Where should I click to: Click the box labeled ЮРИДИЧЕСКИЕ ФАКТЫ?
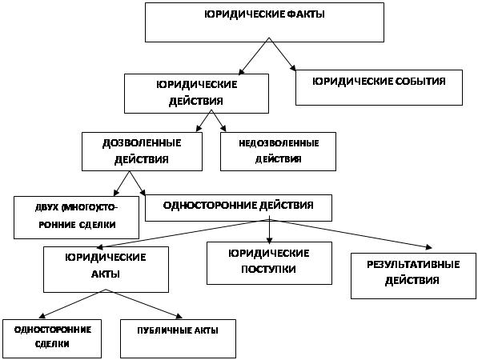pyautogui.click(x=264, y=22)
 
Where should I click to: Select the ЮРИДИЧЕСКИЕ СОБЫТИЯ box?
pyautogui.click(x=379, y=88)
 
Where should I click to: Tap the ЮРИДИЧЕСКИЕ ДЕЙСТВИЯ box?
pyautogui.click(x=196, y=94)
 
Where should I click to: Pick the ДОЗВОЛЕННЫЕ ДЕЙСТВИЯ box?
pyautogui.click(x=142, y=151)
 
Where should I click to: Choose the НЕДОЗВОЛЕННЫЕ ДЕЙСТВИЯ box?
pyautogui.click(x=278, y=151)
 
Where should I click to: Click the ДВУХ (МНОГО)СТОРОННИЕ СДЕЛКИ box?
pyautogui.click(x=76, y=217)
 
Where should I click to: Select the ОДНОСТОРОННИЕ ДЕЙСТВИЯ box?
pyautogui.click(x=239, y=208)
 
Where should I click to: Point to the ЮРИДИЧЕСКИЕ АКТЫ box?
pyautogui.click(x=106, y=270)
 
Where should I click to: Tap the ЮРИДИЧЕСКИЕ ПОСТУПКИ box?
pyautogui.click(x=269, y=263)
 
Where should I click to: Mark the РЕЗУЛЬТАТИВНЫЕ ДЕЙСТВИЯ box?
pyautogui.click(x=413, y=276)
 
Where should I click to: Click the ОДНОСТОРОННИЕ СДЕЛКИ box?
pyautogui.click(x=52, y=338)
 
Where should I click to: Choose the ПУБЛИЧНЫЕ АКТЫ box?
pyautogui.click(x=178, y=338)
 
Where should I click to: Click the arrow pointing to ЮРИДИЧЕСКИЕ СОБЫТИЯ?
pyautogui.click(x=283, y=54)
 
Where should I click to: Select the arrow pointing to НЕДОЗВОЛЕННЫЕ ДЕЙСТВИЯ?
pyautogui.click(x=219, y=121)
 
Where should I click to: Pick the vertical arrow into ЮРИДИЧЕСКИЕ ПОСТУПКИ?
pyautogui.click(x=269, y=231)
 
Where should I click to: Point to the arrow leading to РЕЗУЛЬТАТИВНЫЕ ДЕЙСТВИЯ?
pyautogui.click(x=351, y=234)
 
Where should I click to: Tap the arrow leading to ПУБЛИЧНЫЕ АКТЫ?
pyautogui.click(x=144, y=304)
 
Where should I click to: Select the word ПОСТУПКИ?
pyautogui.click(x=268, y=270)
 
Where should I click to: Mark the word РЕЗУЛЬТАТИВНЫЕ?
pyautogui.click(x=413, y=264)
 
